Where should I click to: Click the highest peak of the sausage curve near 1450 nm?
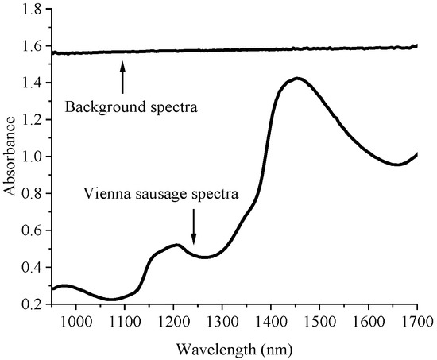click(x=297, y=79)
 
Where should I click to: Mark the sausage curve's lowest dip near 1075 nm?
click(x=112, y=300)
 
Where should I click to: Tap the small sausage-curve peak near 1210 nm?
click(x=177, y=245)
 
